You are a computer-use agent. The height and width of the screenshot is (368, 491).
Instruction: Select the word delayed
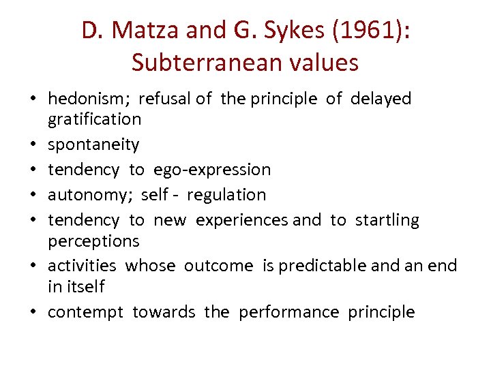[x=381, y=99]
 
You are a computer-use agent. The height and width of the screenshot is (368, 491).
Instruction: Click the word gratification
[x=94, y=119]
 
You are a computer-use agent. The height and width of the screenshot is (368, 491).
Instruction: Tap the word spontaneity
[x=93, y=144]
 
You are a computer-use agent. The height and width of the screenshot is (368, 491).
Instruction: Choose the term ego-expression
[x=212, y=170]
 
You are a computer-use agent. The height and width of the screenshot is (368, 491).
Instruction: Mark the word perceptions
[x=93, y=241]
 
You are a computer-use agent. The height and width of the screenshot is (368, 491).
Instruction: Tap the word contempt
[x=85, y=312]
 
